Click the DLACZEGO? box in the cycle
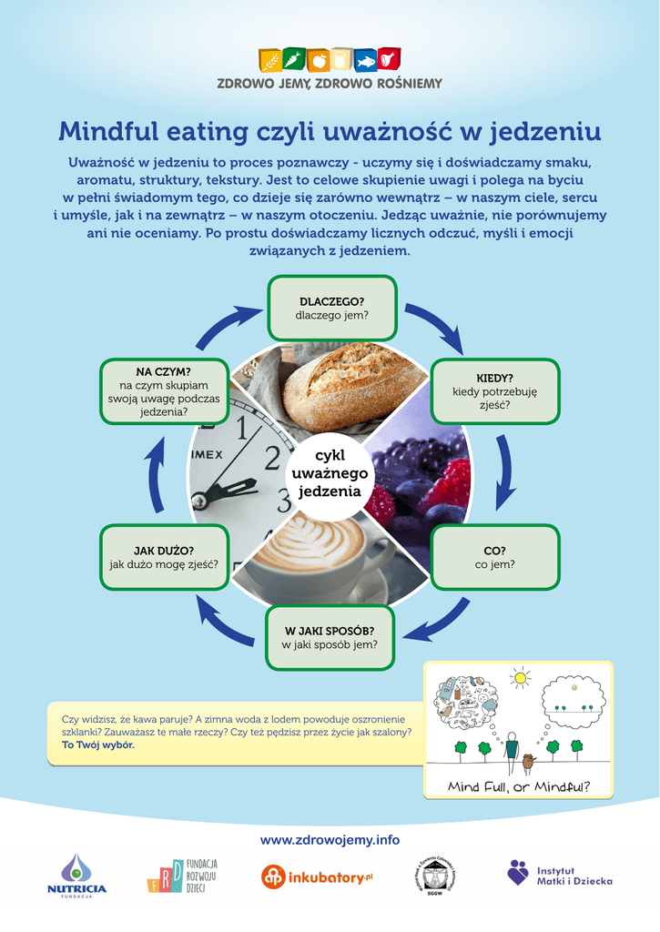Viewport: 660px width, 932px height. point(331,308)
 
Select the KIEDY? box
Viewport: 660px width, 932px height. point(494,391)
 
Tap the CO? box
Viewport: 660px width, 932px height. point(494,557)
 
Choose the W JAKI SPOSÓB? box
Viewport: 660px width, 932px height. point(330,638)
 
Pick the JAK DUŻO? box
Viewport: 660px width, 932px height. point(164,557)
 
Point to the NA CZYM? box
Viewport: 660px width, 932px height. point(164,391)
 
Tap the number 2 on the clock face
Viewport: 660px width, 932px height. point(272,459)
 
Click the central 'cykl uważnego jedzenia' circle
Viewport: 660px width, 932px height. point(330,473)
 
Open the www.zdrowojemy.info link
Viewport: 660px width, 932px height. point(330,840)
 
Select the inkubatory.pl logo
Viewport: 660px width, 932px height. point(317,877)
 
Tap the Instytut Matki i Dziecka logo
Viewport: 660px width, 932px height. point(560,874)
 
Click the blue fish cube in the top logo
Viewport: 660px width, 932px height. point(366,61)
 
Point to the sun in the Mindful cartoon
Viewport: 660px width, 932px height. point(521,677)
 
